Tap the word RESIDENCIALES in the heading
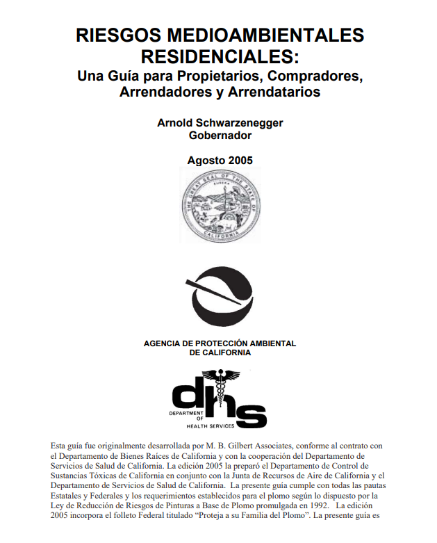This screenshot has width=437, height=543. coord(217,54)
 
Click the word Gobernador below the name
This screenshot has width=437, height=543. coord(220,136)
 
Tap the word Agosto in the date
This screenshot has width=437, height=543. coord(207,160)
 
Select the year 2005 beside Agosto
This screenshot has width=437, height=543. coord(240,160)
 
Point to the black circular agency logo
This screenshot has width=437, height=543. coord(220,303)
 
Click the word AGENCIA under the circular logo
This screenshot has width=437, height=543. coord(165,343)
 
